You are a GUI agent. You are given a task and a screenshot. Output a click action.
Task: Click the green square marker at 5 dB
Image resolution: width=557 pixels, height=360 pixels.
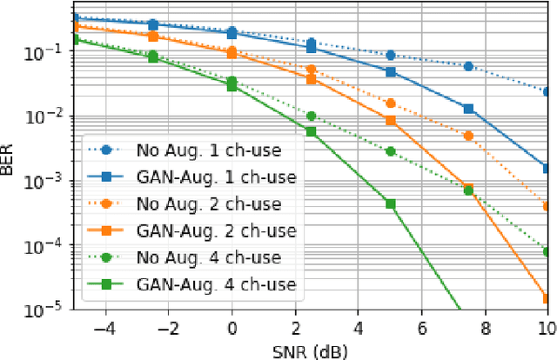tap(391, 204)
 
